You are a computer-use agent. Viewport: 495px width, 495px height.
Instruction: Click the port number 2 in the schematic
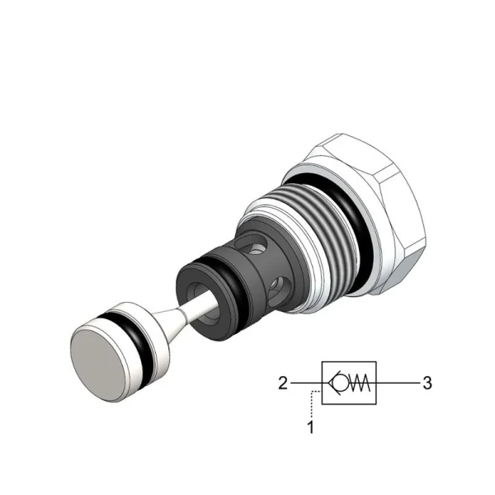[282, 384]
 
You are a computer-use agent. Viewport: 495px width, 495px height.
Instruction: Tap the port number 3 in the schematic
[427, 384]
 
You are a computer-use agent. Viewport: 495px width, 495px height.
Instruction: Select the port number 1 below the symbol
[311, 427]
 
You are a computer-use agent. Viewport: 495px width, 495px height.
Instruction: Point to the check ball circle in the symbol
[339, 383]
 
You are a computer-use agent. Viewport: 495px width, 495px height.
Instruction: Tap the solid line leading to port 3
[398, 383]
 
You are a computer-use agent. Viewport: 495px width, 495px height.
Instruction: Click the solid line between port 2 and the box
[306, 383]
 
